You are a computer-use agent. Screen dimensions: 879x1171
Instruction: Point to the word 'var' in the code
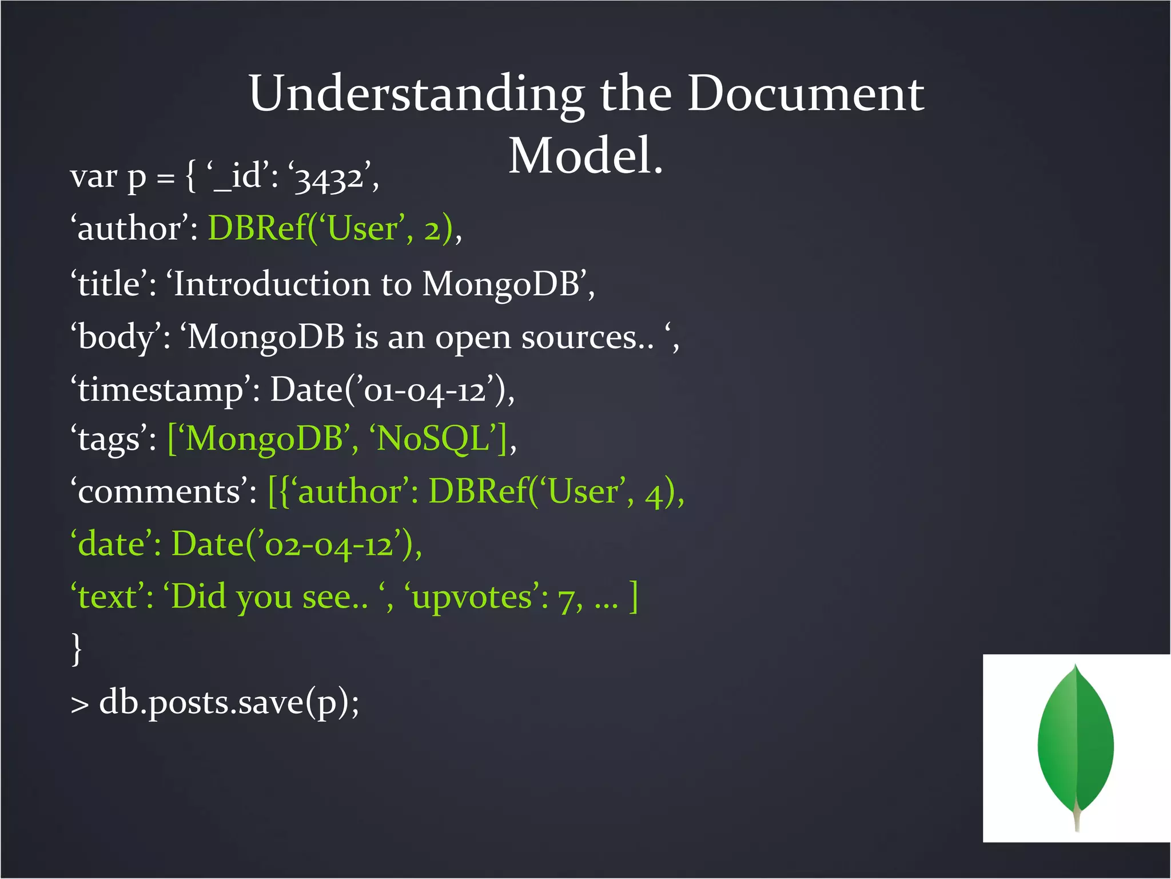(93, 177)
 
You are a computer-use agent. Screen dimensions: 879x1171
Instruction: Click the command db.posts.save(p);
(229, 703)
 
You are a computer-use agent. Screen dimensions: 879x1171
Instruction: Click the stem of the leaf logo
(1077, 815)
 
